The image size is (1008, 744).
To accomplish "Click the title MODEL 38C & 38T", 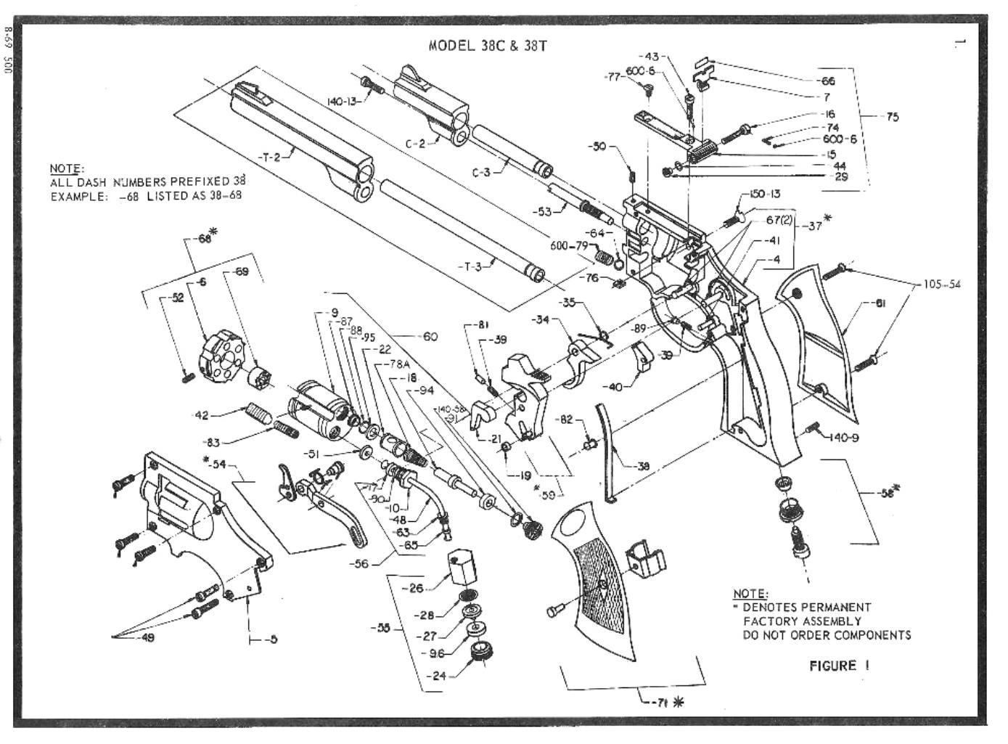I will click(x=488, y=46).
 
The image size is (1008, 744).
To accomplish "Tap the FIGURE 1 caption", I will click(x=839, y=666).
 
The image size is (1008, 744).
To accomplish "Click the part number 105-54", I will click(x=941, y=284).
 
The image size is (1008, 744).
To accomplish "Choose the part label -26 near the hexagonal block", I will click(x=415, y=588).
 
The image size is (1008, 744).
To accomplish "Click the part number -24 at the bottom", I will click(x=435, y=676).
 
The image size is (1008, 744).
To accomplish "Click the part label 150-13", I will click(x=764, y=195).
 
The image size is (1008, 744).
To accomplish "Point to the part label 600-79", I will click(x=568, y=246).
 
